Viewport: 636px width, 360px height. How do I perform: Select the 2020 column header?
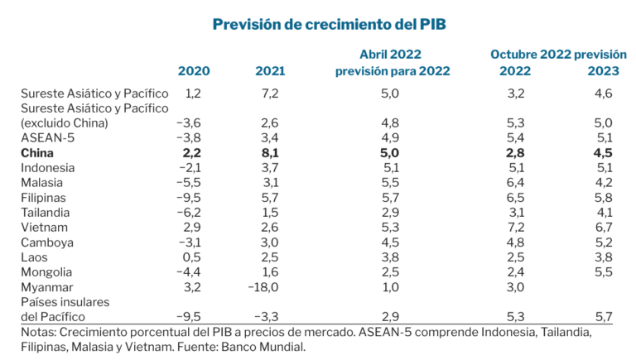point(193,71)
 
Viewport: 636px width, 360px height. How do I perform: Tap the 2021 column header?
point(270,71)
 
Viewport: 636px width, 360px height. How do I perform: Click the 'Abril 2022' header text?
point(392,55)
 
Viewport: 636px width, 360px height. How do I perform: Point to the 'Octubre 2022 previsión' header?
point(557,55)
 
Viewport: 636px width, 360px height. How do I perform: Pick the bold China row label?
point(39,153)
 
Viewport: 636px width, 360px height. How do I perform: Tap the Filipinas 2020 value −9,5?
point(190,197)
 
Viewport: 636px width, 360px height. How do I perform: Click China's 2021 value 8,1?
point(270,153)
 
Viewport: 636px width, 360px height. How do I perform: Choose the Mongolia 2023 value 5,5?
point(603,271)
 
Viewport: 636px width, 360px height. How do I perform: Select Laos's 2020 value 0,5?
point(192,257)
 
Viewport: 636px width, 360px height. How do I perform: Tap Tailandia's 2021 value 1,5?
point(270,212)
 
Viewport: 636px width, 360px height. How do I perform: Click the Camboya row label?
point(46,242)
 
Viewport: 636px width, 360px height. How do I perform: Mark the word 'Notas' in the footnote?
point(39,332)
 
